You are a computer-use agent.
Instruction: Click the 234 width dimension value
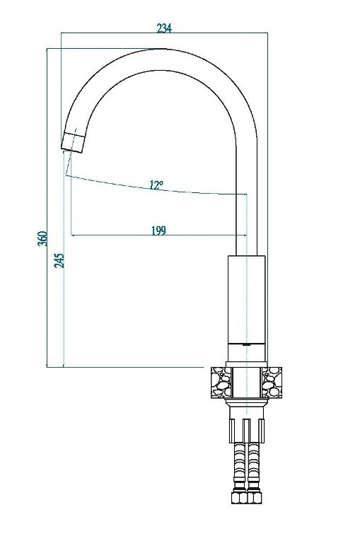tap(164, 28)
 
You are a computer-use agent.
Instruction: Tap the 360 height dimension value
tap(42, 238)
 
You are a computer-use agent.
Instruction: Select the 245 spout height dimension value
tap(59, 261)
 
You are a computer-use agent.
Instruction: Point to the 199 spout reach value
tap(158, 231)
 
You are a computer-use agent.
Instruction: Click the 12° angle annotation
tap(156, 185)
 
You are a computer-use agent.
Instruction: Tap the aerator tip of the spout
tap(74, 142)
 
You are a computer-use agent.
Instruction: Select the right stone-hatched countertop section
tap(272, 382)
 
